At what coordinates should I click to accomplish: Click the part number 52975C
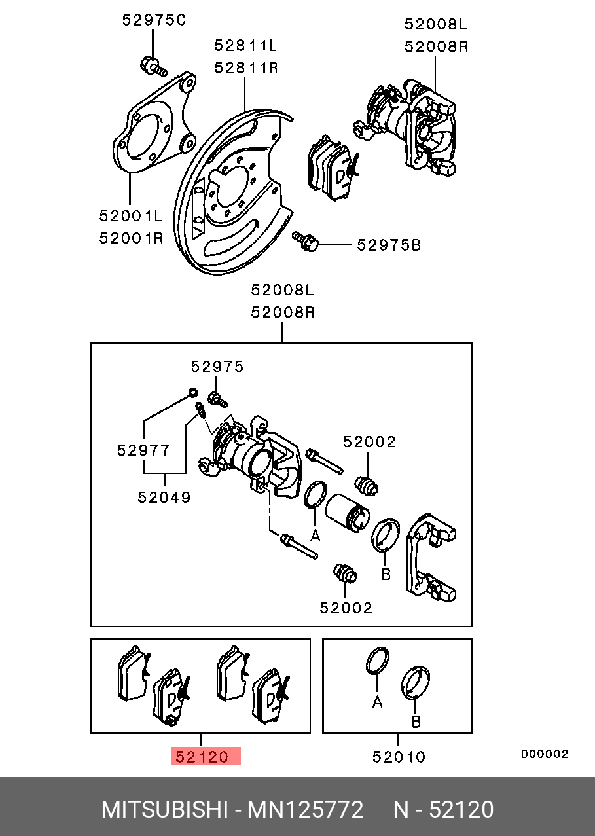point(154,20)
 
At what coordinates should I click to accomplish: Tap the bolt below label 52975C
point(153,66)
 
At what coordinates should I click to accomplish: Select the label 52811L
point(245,46)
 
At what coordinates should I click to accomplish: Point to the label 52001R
point(131,238)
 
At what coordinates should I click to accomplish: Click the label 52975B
point(389,245)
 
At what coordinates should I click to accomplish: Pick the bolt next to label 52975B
point(305,241)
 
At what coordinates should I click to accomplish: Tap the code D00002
point(545,754)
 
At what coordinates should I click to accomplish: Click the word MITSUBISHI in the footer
point(164,810)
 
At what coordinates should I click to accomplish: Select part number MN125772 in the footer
point(306,810)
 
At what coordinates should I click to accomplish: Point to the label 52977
point(143,450)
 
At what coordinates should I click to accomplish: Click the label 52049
point(164,497)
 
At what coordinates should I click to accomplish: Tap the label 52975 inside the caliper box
point(217,367)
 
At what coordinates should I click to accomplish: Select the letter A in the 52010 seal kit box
point(378,702)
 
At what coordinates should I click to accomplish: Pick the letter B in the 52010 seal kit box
point(416,722)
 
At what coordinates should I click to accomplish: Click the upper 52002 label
point(369,442)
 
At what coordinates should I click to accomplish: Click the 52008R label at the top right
point(436,46)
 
